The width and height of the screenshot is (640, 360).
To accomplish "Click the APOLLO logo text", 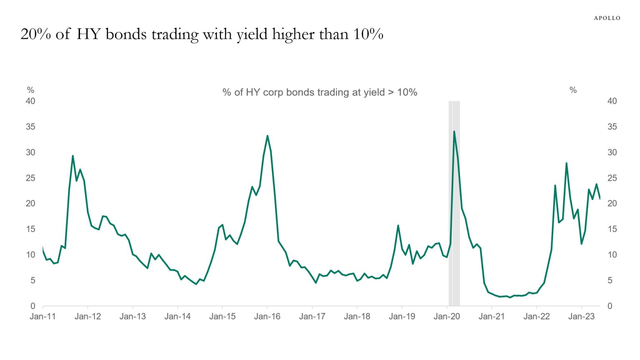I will coord(607,18).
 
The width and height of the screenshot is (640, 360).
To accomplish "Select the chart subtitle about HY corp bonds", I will coord(320,92).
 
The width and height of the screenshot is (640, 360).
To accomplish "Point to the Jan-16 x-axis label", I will coord(267,317).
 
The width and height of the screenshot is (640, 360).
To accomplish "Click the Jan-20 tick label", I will coord(447,317).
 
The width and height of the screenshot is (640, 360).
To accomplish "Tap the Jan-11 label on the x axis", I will coord(42,317).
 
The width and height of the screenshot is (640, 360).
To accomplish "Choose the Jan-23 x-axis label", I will coord(581,317).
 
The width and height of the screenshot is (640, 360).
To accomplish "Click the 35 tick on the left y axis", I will coord(30,127).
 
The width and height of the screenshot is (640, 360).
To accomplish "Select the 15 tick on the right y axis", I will coord(612,229).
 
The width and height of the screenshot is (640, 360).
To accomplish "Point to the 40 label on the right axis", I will coord(612,101).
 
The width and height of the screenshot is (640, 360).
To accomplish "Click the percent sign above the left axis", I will coord(30,90).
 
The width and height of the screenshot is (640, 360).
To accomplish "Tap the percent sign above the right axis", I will coord(573,90).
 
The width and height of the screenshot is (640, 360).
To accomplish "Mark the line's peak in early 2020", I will coord(454,132).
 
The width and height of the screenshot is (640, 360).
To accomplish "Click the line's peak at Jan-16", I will coord(267,136).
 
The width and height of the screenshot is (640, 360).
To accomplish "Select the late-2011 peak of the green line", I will coord(73,156).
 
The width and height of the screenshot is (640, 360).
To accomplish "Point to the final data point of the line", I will coord(600,199).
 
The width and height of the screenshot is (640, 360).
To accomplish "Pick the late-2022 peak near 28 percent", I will coord(566,163).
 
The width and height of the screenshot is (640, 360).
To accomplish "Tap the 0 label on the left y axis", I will coord(33,306).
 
